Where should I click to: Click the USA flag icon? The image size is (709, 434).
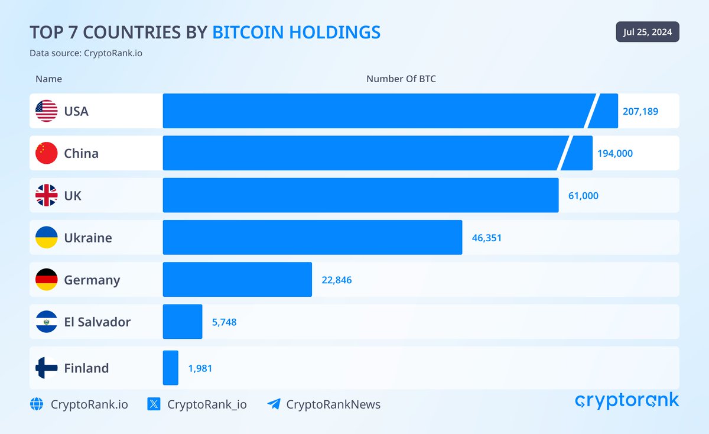(46, 111)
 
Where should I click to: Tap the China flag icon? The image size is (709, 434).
(46, 153)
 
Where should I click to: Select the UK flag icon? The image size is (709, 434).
(46, 196)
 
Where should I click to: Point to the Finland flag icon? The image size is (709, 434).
(46, 368)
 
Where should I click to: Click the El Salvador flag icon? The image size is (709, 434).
(46, 322)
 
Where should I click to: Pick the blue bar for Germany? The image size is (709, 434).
(237, 280)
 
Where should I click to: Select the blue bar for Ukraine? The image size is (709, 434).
(312, 238)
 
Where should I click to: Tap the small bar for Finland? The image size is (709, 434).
(170, 368)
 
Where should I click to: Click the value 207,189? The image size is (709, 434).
(640, 111)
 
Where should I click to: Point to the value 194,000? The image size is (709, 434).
(614, 153)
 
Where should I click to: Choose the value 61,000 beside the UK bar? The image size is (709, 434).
(583, 196)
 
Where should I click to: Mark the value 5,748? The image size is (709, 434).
(224, 322)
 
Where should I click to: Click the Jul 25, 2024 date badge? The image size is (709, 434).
(648, 32)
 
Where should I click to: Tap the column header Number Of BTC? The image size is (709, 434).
(401, 79)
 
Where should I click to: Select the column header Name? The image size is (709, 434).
(48, 79)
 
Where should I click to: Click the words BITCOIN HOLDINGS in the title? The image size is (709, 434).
(296, 33)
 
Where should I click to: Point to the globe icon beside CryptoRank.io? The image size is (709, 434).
(37, 404)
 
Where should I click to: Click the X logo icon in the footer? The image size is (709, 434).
(154, 404)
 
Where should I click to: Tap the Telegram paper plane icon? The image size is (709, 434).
(274, 404)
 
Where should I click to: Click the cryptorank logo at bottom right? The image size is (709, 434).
(627, 401)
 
